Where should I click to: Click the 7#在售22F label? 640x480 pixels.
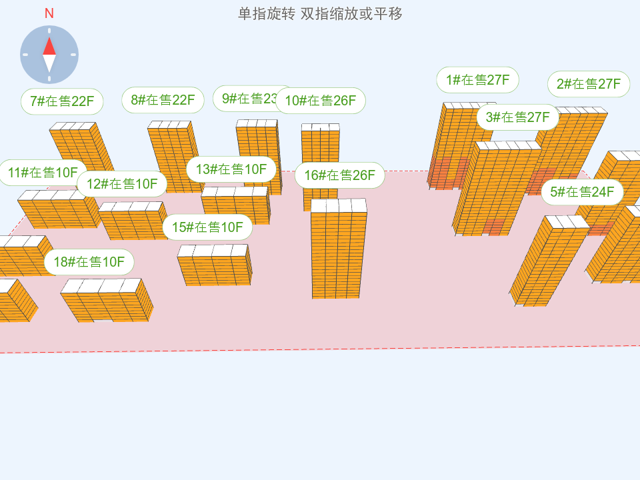pyautogui.click(x=62, y=101)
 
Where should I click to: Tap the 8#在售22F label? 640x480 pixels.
pyautogui.click(x=163, y=100)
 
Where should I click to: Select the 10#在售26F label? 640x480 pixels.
pyautogui.click(x=321, y=101)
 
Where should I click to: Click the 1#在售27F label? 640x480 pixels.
pyautogui.click(x=477, y=80)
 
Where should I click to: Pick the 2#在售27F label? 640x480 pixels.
pyautogui.click(x=589, y=84)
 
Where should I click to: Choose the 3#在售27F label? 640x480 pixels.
pyautogui.click(x=517, y=117)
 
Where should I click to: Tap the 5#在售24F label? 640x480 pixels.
pyautogui.click(x=582, y=192)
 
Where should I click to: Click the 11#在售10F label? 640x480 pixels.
pyautogui.click(x=43, y=173)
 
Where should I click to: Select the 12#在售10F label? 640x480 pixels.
pyautogui.click(x=122, y=183)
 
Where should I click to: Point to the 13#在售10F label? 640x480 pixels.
pyautogui.click(x=231, y=169)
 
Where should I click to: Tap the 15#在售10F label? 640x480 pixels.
pyautogui.click(x=207, y=227)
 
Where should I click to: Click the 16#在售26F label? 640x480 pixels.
pyautogui.click(x=340, y=175)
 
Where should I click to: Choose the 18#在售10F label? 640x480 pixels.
pyautogui.click(x=89, y=262)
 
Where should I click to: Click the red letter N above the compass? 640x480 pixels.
pyautogui.click(x=49, y=13)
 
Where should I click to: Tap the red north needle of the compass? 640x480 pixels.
pyautogui.click(x=49, y=45)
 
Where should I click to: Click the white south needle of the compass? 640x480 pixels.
pyautogui.click(x=49, y=63)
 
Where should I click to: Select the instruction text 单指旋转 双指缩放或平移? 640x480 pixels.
pyautogui.click(x=320, y=13)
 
